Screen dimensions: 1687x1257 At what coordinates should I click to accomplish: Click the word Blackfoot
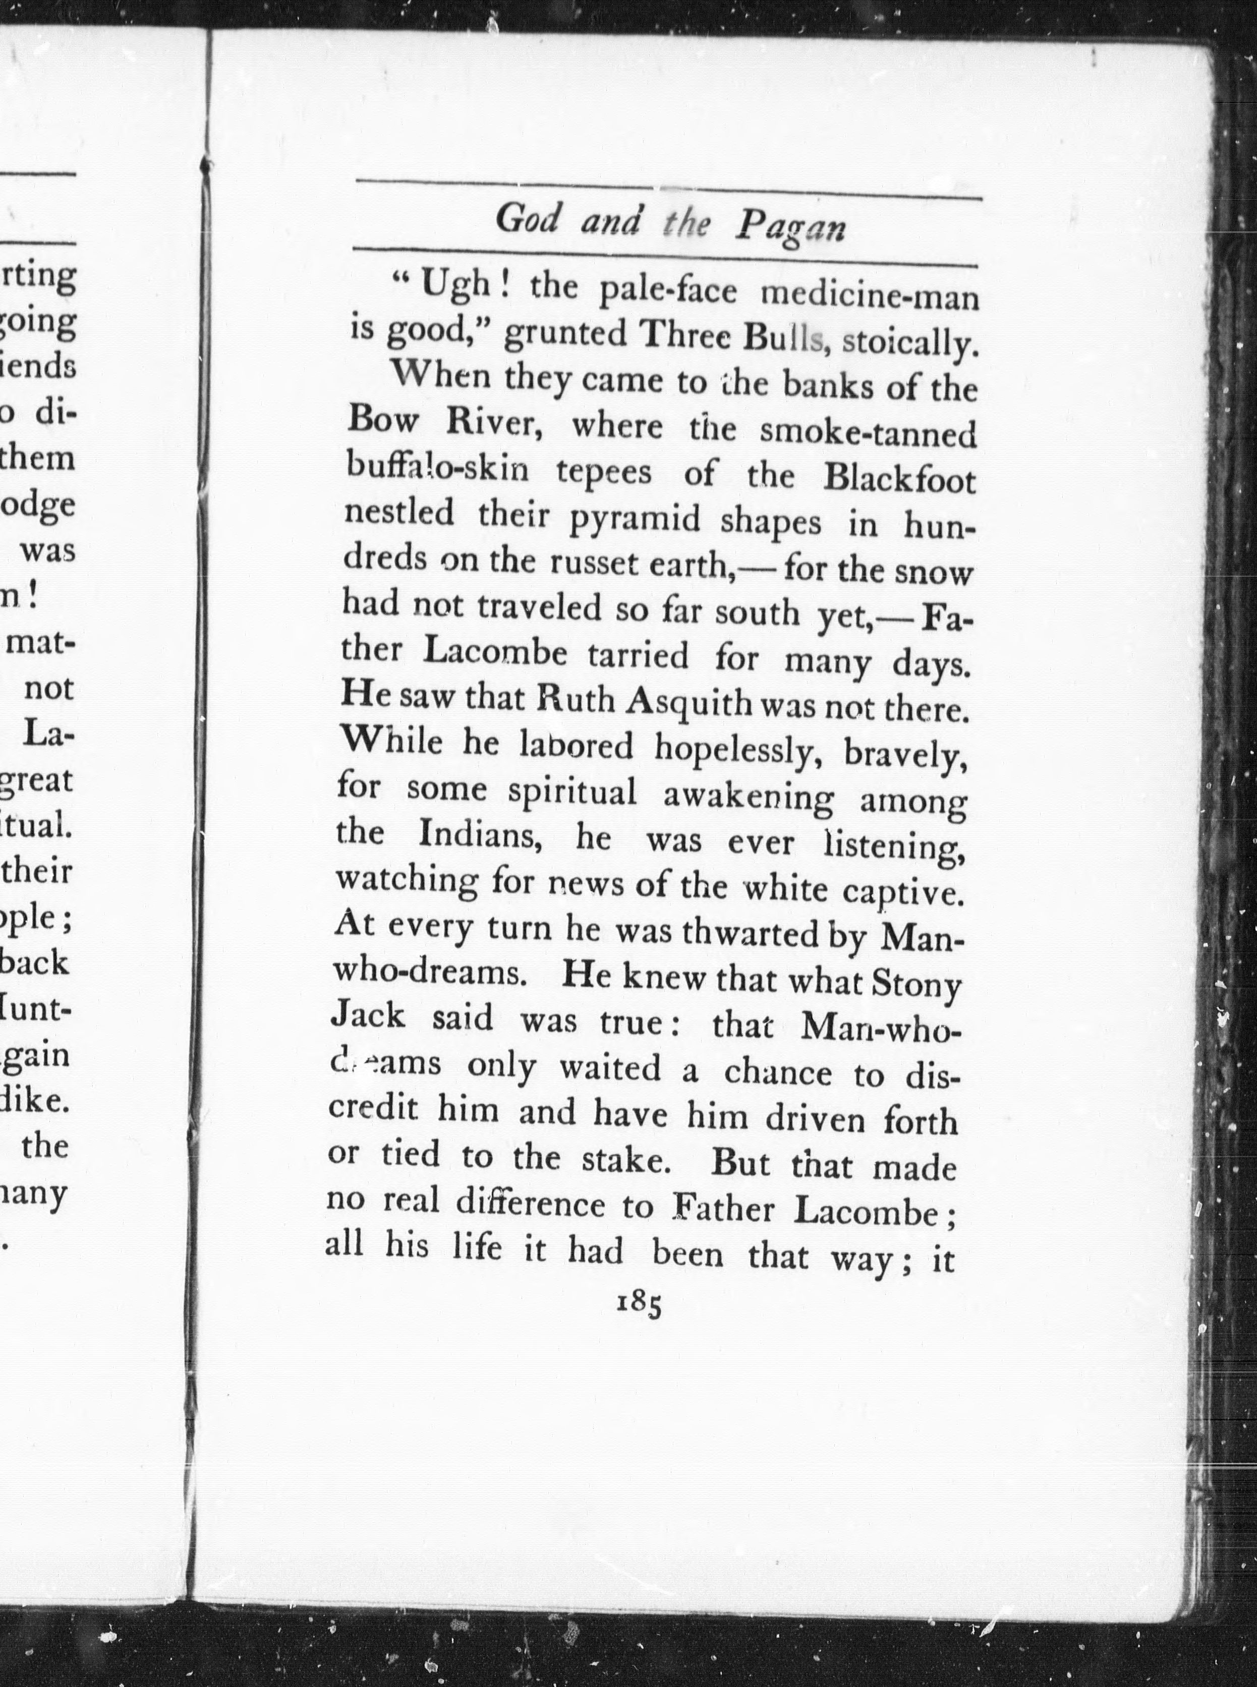coord(899,479)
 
